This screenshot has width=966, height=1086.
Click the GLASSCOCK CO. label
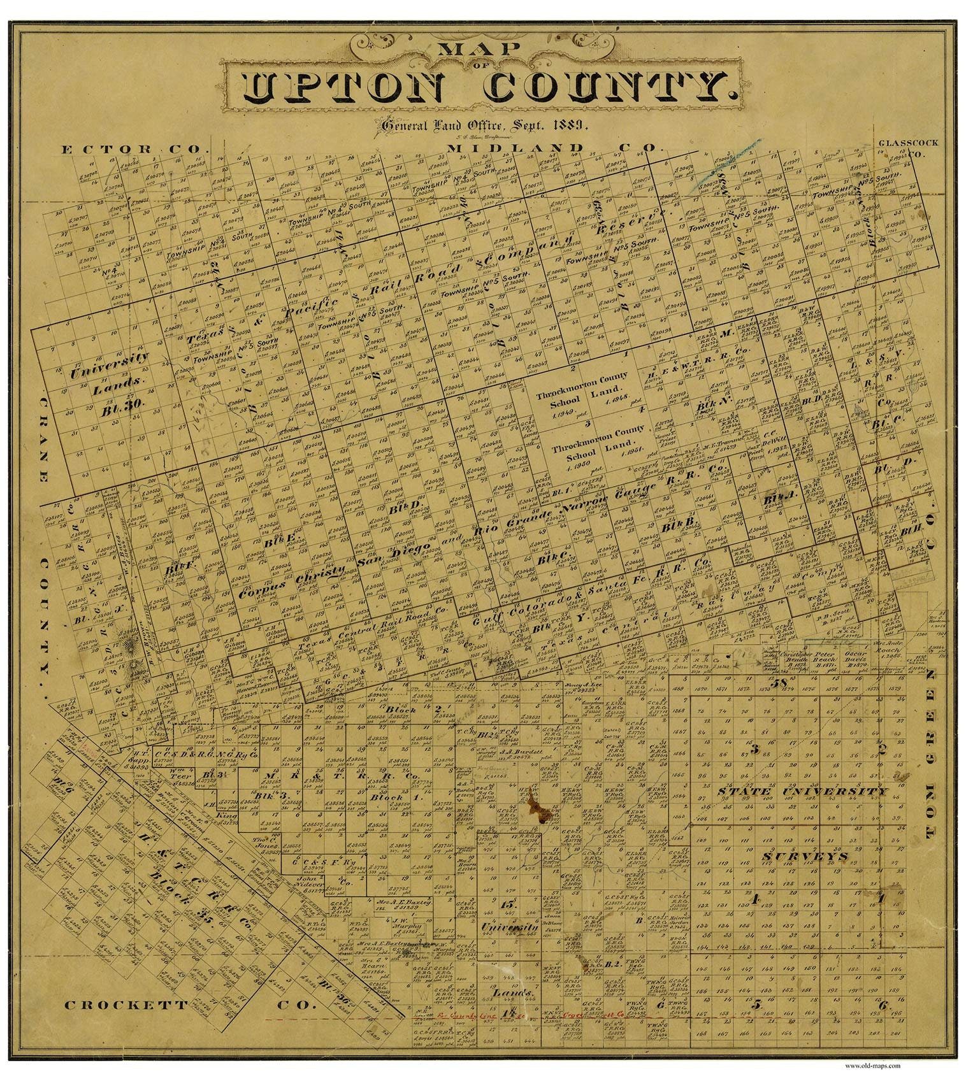click(907, 148)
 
